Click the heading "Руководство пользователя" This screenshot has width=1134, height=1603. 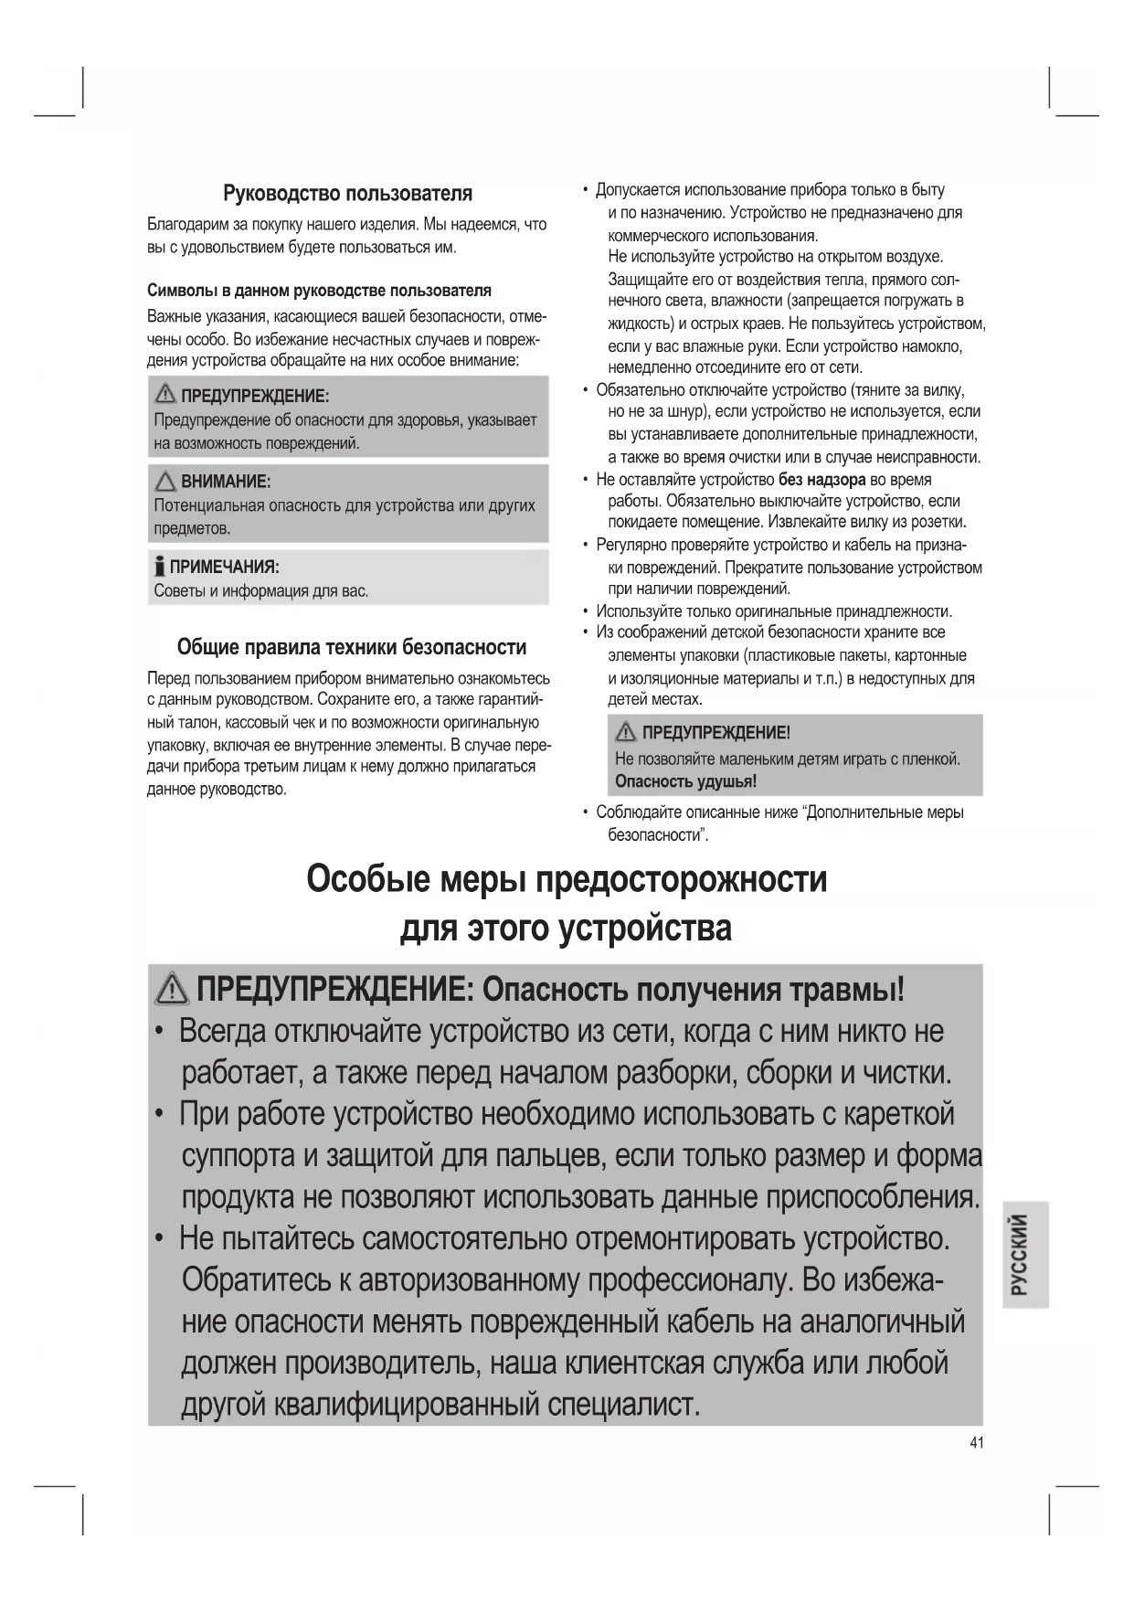click(347, 194)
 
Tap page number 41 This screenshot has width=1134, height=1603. click(976, 1443)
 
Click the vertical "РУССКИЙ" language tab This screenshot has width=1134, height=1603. click(1023, 1254)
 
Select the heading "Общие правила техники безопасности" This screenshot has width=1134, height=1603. click(351, 648)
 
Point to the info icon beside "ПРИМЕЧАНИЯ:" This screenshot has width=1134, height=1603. click(160, 567)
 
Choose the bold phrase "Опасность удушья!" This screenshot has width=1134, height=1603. click(685, 781)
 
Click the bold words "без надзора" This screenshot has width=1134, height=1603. click(821, 480)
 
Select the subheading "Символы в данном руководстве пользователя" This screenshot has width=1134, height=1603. click(319, 291)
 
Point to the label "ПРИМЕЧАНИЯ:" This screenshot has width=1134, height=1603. click(225, 568)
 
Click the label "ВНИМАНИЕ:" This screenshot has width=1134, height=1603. click(226, 482)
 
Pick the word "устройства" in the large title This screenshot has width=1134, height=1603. click(645, 929)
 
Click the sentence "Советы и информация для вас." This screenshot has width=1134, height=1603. click(261, 591)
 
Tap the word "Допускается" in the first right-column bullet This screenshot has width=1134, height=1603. click(638, 190)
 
